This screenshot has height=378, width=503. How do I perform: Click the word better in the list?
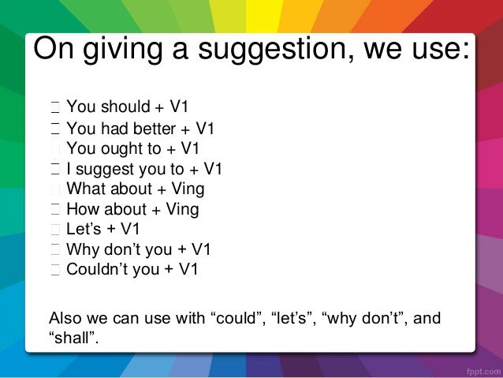(x=162, y=129)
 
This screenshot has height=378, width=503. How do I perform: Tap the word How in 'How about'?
(x=84, y=209)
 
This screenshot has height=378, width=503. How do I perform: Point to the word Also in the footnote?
(x=65, y=318)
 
